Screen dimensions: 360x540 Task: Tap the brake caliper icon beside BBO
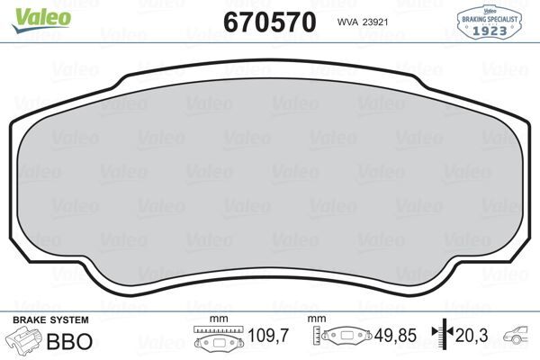(x=25, y=341)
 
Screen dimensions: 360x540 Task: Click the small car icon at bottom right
(x=517, y=337)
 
